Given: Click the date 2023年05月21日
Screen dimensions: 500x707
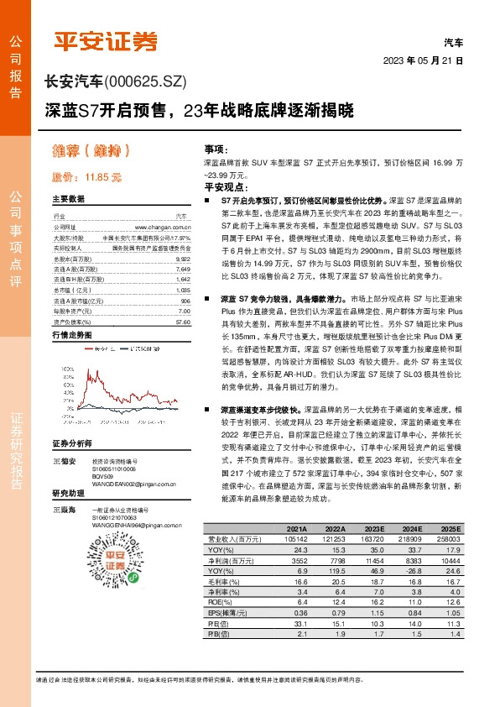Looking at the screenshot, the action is (423, 61).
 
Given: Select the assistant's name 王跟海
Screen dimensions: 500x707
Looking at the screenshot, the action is (65, 510).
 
